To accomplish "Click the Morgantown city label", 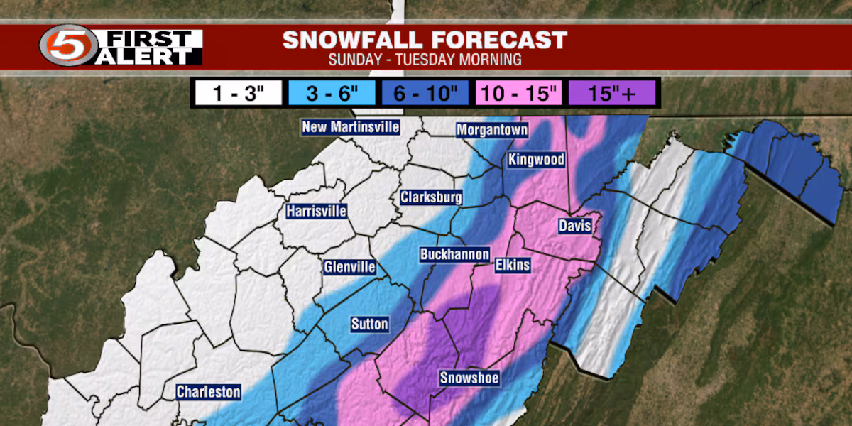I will (492, 130).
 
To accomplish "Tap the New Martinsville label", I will (351, 127).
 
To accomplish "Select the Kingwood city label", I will (536, 160).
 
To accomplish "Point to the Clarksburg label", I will (431, 197).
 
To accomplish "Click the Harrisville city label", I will (317, 211).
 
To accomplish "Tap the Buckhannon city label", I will (454, 254).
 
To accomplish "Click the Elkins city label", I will (513, 266).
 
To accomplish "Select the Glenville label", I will (348, 267).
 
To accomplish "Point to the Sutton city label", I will (370, 324).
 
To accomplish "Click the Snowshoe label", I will (469, 378).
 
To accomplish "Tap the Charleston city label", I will (209, 392).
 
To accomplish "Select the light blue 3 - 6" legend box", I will (332, 93).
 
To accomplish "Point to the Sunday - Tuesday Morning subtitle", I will (425, 60).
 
